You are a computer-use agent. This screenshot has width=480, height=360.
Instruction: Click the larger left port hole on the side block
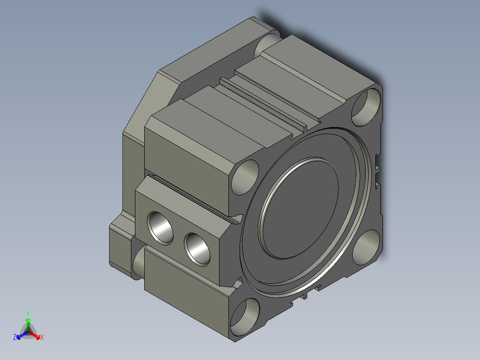[x=160, y=227]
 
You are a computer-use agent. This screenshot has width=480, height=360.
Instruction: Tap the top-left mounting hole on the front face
[x=245, y=177]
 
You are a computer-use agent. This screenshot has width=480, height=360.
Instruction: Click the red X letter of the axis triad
[x=42, y=338]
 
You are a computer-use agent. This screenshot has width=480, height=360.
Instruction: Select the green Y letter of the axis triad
[x=28, y=313]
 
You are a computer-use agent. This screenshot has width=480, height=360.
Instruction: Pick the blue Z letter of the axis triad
[x=15, y=337]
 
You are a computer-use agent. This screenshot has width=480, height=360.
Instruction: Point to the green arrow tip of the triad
[x=28, y=320]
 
